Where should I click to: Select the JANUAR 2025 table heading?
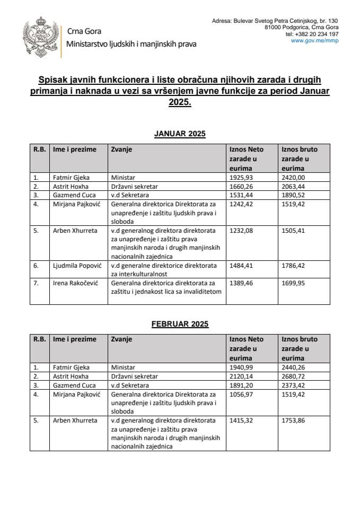tap(179, 134)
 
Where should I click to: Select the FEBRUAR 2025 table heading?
tap(180, 324)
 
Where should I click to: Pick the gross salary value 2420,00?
tap(295, 177)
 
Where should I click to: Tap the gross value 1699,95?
tap(295, 284)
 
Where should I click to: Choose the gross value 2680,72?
tap(295, 376)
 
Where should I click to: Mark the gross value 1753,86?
tap(295, 420)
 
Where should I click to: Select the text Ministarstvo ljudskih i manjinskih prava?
tap(131, 44)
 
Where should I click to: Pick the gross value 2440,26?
tap(295, 367)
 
